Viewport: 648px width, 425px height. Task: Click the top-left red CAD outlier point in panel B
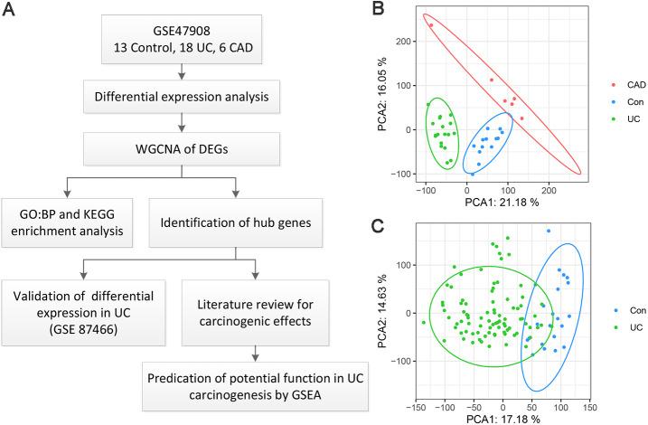point(431,25)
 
